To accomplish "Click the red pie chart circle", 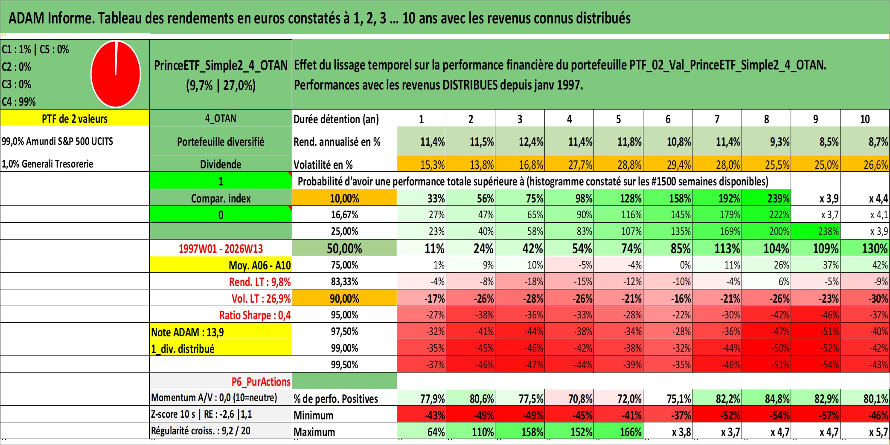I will pyautogui.click(x=116, y=74).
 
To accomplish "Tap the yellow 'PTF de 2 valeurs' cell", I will pyautogui.click(x=75, y=118).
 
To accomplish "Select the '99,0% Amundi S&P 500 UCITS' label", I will pyautogui.click(x=57, y=141).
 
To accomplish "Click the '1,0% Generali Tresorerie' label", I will pyautogui.click(x=47, y=164).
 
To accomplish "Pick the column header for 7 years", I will pyautogui.click(x=717, y=119).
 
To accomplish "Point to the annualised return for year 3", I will pyautogui.click(x=530, y=142).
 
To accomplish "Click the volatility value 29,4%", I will pyautogui.click(x=678, y=165).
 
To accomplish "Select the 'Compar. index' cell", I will pyautogui.click(x=221, y=198).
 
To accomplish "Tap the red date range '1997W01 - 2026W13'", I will pyautogui.click(x=221, y=249).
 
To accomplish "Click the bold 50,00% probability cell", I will pyautogui.click(x=344, y=249).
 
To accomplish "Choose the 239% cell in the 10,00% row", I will pyautogui.click(x=778, y=198).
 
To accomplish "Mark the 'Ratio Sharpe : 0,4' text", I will pyautogui.click(x=255, y=315).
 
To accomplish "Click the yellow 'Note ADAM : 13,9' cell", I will pyautogui.click(x=187, y=332).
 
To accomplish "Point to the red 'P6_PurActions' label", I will pyautogui.click(x=261, y=381).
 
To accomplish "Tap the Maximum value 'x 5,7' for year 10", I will pyautogui.click(x=878, y=432).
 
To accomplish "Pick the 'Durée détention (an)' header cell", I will pyautogui.click(x=336, y=119).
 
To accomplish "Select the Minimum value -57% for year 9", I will pyautogui.click(x=827, y=415).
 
